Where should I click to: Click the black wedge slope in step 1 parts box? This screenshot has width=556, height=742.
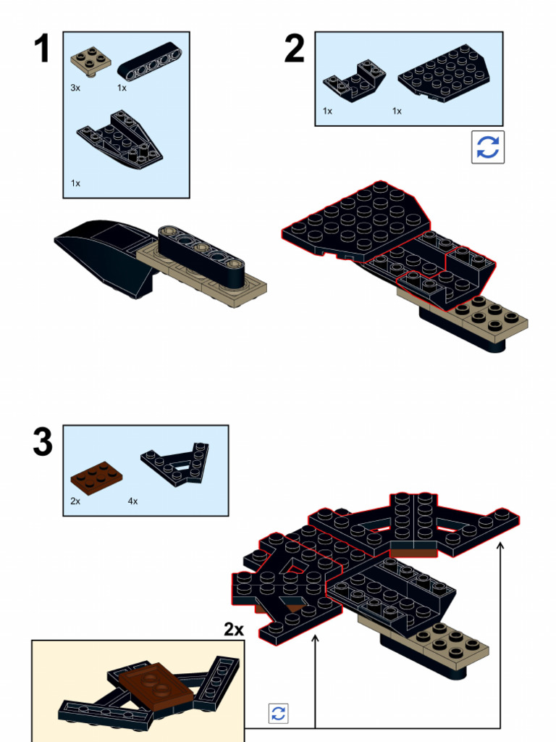point(119,138)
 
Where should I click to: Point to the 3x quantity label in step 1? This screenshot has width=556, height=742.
point(75,88)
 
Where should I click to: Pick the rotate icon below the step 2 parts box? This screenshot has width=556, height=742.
point(488,147)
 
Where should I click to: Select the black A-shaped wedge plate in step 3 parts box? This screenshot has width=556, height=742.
point(176,464)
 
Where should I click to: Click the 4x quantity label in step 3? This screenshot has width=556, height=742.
point(133,501)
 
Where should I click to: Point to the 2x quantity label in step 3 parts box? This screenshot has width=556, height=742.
point(75,501)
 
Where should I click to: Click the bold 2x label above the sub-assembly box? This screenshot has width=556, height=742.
point(234,630)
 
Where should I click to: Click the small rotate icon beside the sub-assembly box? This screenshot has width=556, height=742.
point(278,713)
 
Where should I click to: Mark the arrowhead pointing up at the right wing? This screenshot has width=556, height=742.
point(500,543)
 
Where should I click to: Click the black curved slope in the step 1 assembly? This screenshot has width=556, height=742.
point(101,250)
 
